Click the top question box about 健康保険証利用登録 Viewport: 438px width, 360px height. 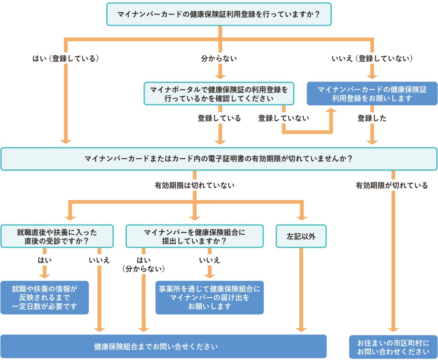[219, 14]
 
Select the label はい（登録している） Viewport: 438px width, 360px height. [66, 58]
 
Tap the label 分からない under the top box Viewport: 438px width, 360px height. [219, 58]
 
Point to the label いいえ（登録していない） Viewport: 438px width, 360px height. [372, 58]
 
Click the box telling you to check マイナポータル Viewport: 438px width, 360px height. [219, 94]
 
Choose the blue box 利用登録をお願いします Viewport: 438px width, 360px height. [372, 94]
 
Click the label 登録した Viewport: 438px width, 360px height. [372, 118]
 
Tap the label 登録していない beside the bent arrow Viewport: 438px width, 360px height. [283, 118]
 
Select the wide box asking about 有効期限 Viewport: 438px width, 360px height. [219, 159]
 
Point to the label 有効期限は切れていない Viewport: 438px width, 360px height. [195, 185]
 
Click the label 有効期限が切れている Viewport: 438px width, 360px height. [391, 185]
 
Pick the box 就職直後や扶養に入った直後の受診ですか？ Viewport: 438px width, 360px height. [57, 236]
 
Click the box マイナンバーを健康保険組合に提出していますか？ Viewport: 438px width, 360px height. [195, 236]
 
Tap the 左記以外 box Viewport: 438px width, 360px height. [301, 236]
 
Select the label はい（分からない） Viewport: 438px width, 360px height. [144, 264]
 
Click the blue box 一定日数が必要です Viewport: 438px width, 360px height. [45, 298]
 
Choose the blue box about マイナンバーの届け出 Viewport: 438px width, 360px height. [210, 298]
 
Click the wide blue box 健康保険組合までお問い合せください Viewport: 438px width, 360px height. [164, 346]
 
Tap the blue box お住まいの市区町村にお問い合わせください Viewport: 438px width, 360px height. [393, 347]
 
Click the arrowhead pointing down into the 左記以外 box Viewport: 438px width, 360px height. [301, 218]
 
